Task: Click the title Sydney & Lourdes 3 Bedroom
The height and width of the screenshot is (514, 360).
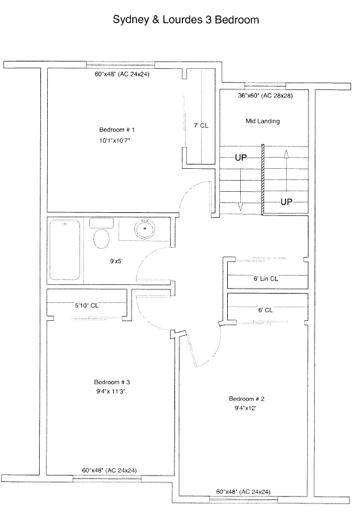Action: [x=186, y=20]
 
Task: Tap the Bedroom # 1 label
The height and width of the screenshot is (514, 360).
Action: [x=117, y=130]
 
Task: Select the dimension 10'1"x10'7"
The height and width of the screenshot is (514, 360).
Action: [x=115, y=141]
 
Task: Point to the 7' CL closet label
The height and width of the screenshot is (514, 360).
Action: [x=200, y=125]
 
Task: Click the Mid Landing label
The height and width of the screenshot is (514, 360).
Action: [x=263, y=121]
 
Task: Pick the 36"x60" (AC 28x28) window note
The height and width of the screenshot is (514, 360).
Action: [x=265, y=96]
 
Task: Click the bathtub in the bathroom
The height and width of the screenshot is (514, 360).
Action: [x=65, y=250]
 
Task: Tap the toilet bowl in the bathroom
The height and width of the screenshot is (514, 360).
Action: [x=102, y=239]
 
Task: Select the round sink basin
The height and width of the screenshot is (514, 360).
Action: [x=144, y=229]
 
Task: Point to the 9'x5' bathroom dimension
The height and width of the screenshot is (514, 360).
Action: [x=116, y=261]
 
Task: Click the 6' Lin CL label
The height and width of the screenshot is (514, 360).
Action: [x=266, y=279]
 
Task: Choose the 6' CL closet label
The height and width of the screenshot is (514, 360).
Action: [x=265, y=310]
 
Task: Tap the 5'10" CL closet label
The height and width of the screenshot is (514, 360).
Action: [x=86, y=305]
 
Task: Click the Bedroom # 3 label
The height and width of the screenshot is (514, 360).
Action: [x=112, y=382]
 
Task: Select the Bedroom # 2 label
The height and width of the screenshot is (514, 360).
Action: [x=246, y=399]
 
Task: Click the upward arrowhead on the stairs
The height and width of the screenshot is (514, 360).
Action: [x=286, y=153]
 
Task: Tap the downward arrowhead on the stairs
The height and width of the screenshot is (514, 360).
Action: [x=240, y=207]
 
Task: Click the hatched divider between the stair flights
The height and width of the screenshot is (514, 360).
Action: [x=263, y=179]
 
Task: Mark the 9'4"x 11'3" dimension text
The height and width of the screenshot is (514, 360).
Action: [x=111, y=392]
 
